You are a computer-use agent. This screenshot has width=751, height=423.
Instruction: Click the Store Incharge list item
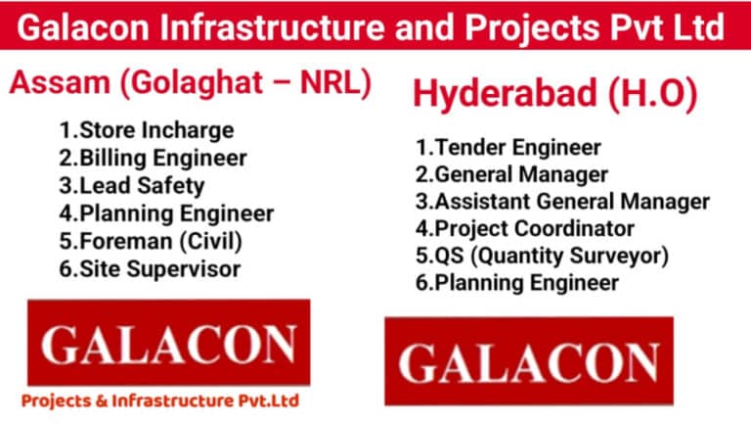[x=147, y=130]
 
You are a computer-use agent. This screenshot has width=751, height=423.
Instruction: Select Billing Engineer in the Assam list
[x=153, y=159]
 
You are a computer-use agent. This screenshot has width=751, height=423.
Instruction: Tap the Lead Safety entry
[x=132, y=186]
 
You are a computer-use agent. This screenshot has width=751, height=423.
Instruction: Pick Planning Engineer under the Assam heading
[x=166, y=213]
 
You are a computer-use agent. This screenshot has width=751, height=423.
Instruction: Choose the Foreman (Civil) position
[x=151, y=241]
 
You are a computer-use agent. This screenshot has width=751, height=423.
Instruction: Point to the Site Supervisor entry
[x=150, y=269]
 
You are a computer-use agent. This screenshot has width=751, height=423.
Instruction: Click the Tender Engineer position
[x=508, y=148]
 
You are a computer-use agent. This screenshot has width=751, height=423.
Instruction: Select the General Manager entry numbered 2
[x=511, y=174]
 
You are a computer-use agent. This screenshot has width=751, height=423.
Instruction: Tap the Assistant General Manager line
[x=562, y=202]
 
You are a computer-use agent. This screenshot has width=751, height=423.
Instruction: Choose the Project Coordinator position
[x=525, y=229]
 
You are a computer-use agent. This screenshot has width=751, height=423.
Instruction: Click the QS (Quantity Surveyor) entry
[x=542, y=256]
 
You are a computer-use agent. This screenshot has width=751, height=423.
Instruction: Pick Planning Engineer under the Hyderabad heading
[x=516, y=283]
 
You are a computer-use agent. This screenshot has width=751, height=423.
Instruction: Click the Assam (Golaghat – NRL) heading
[x=190, y=82]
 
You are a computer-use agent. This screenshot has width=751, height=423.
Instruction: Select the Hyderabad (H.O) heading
[x=554, y=93]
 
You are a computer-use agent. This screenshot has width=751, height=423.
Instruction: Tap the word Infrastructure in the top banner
[x=272, y=26]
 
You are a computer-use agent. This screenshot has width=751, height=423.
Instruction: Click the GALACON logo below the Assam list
[x=168, y=343]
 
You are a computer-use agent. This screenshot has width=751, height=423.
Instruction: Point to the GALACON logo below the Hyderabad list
[x=529, y=360]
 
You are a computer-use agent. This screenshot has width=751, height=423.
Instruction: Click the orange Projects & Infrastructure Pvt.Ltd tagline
[x=160, y=400]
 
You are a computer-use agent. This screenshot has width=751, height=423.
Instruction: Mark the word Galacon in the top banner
[x=83, y=26]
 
